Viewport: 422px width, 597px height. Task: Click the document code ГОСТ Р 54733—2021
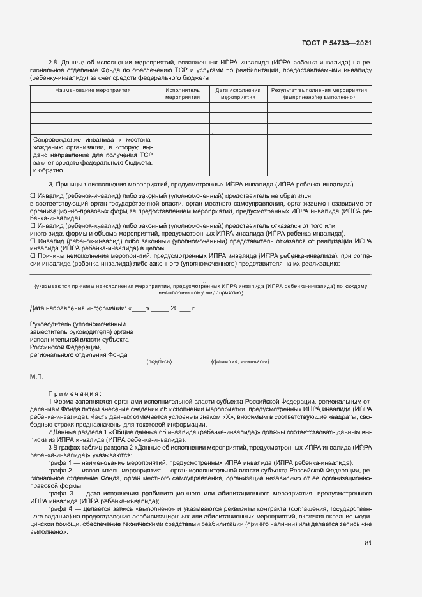(x=336, y=43)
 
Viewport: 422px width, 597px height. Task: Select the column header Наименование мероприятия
(x=93, y=91)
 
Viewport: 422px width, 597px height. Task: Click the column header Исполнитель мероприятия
(x=183, y=94)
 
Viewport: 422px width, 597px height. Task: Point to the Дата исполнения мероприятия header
(x=238, y=94)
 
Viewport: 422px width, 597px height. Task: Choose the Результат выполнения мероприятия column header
(x=319, y=94)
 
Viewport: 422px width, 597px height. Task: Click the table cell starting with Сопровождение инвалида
(x=93, y=154)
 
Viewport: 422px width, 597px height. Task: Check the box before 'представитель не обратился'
(x=33, y=195)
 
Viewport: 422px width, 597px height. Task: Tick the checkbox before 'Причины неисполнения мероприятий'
(x=33, y=256)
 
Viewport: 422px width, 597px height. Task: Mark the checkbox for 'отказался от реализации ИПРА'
(x=33, y=241)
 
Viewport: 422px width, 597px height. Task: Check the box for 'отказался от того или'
(x=33, y=226)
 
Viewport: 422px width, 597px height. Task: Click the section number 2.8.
(x=54, y=62)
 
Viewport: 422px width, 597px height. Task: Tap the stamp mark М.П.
(x=36, y=377)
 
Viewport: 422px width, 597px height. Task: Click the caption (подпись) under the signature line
(x=159, y=361)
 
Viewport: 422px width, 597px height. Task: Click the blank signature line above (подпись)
(x=161, y=355)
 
